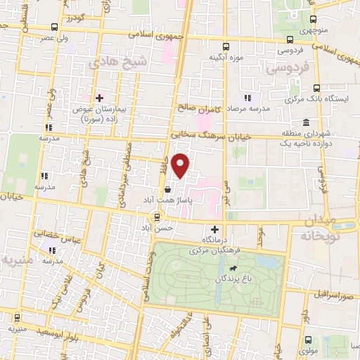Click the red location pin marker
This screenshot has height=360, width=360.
[181, 165]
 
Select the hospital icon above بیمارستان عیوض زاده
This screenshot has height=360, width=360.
[100, 98]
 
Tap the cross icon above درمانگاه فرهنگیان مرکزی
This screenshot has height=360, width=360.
[214, 229]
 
